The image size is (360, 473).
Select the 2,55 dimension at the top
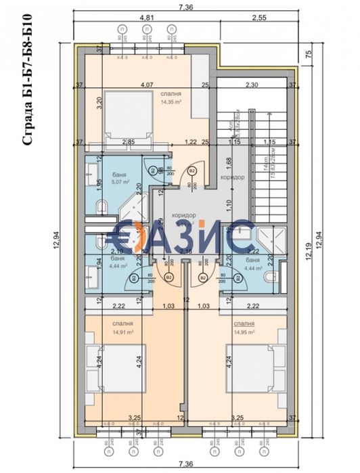257,18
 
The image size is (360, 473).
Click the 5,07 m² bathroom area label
116,181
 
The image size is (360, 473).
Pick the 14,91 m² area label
123,332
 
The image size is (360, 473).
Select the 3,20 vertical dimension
99,103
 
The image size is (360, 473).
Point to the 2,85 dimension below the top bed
127,142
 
